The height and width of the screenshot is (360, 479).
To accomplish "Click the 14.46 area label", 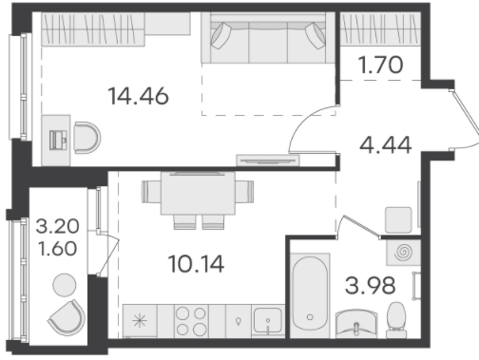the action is click(138, 96).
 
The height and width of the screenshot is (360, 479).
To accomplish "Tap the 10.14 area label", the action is click(196, 264).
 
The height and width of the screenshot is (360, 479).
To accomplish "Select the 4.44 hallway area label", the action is click(386, 144).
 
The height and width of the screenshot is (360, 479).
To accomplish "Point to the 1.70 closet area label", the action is click(380, 65).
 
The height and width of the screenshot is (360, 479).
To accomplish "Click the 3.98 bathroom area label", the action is click(370, 285).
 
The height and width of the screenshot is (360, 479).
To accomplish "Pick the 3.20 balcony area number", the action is click(57, 226).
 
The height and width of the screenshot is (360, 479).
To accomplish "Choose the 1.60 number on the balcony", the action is click(57, 248).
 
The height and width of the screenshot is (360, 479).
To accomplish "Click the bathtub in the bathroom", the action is click(310, 294).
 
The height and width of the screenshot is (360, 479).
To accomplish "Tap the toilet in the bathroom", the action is click(396, 320).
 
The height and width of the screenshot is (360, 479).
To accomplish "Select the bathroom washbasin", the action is click(356, 323).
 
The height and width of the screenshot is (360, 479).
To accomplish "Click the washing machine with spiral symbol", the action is click(403, 253).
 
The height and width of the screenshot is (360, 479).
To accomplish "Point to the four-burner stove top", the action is click(191, 321).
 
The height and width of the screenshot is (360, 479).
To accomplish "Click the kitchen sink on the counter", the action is click(268, 320).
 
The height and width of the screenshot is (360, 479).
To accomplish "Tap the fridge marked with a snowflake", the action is click(140, 321).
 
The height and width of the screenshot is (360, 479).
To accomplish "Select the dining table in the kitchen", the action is click(198, 193).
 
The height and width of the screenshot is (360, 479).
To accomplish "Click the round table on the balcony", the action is click(65, 285).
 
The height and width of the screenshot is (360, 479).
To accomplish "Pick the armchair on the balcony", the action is click(67, 318).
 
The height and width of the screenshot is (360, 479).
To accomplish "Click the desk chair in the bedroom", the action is click(87, 138).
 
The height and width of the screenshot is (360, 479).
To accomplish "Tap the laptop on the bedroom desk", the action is click(58, 140).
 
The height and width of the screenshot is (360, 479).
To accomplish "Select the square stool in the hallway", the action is click(398, 219).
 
